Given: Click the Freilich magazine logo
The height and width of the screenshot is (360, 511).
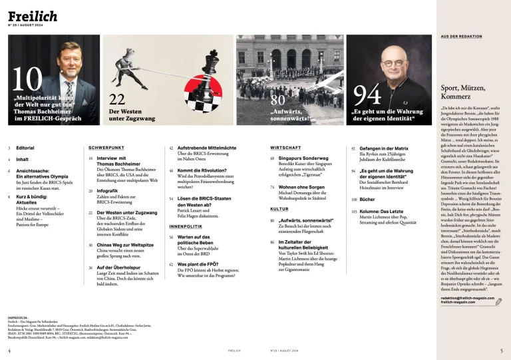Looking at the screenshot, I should [x=33, y=15].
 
